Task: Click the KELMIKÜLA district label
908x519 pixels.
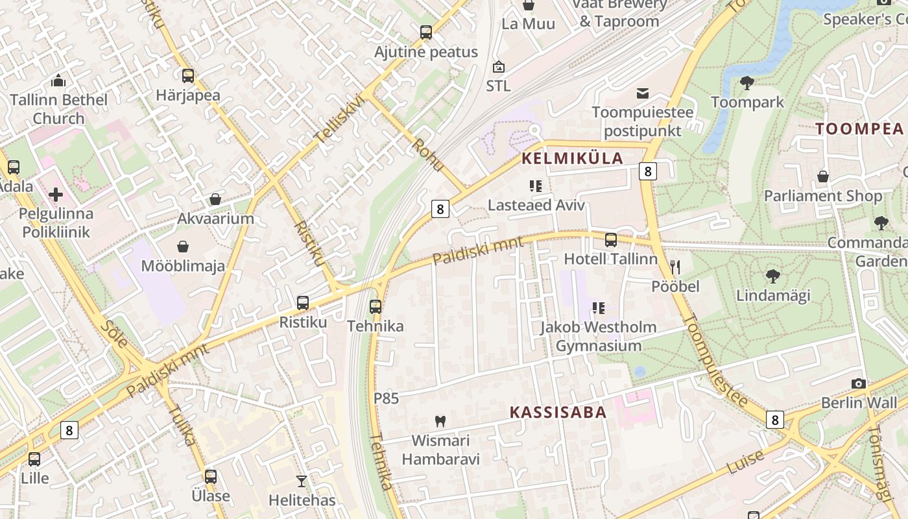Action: [572, 158]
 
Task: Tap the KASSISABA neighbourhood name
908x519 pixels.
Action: [558, 412]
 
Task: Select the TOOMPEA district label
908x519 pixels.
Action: [859, 128]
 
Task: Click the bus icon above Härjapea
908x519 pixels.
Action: [188, 76]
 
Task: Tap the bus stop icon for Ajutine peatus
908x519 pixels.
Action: [426, 32]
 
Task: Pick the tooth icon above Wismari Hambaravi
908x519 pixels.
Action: [440, 421]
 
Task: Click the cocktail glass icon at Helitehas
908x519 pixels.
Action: [302, 481]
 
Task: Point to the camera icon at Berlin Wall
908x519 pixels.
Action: [859, 383]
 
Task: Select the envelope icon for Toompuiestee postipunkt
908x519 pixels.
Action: [643, 93]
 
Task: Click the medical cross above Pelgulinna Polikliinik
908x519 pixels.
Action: [56, 194]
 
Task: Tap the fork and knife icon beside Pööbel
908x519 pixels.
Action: [675, 267]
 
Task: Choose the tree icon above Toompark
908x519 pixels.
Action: [747, 83]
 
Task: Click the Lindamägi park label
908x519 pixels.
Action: [773, 296]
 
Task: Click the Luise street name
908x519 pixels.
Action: [746, 462]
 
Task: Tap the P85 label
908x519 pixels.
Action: [386, 398]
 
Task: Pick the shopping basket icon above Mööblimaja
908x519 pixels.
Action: [184, 247]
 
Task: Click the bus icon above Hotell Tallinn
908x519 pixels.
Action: [611, 240]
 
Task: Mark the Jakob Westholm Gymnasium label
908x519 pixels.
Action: [598, 336]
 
